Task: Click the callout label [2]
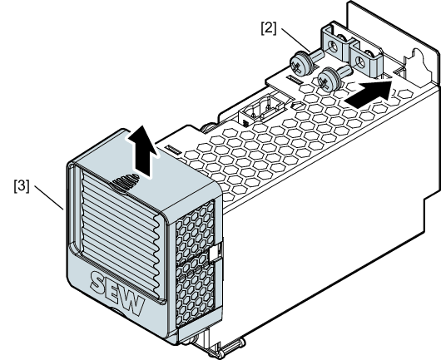coord(269,29)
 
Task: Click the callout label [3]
coord(22,186)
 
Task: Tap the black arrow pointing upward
coord(142,152)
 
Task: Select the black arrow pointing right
coord(369,93)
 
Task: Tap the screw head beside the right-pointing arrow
coord(329,80)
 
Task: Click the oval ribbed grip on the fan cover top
coord(126,183)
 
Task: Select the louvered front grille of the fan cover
coord(121,234)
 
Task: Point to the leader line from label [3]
coord(49,197)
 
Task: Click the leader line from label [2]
coord(295,40)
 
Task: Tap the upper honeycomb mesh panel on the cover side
coord(195,233)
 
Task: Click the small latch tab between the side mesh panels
coord(215,252)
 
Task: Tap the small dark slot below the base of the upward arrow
coord(174,150)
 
